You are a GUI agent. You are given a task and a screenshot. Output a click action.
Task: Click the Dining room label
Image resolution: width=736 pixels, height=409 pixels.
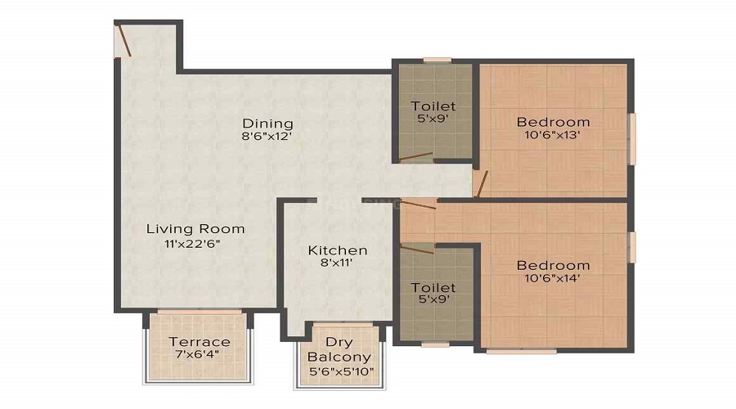pyautogui.click(x=267, y=124)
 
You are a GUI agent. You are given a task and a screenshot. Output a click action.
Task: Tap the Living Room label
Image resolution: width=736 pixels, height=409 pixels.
pyautogui.click(x=195, y=229)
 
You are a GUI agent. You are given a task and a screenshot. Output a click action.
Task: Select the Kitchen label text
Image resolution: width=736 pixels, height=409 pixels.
pyautogui.click(x=337, y=250)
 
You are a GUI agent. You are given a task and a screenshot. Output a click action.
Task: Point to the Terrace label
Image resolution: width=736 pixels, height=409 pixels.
pyautogui.click(x=199, y=341)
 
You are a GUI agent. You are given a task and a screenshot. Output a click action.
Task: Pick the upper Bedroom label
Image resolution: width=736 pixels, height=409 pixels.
pyautogui.click(x=553, y=122)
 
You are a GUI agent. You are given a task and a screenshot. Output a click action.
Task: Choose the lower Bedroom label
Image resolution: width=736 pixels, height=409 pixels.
pyautogui.click(x=553, y=265)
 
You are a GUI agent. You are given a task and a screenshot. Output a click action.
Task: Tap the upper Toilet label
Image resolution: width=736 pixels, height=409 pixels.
pyautogui.click(x=433, y=106)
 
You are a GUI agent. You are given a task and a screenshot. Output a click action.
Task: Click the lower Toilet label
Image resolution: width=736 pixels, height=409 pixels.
pyautogui.click(x=433, y=287)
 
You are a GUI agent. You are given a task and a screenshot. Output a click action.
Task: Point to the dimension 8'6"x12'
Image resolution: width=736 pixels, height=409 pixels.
pyautogui.click(x=267, y=137)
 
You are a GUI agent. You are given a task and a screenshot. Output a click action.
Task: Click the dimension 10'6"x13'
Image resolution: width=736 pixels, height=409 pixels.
pyautogui.click(x=553, y=136)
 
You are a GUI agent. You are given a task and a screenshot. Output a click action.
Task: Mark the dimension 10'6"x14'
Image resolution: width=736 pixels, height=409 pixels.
pyautogui.click(x=553, y=279)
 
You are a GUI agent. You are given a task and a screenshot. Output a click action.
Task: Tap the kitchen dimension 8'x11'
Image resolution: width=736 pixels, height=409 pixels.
pyautogui.click(x=337, y=264)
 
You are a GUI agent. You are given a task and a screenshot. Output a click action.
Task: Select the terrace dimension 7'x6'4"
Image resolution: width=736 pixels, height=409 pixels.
pyautogui.click(x=199, y=355)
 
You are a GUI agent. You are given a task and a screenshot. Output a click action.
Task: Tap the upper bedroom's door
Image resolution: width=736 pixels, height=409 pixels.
pyautogui.click(x=482, y=184)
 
